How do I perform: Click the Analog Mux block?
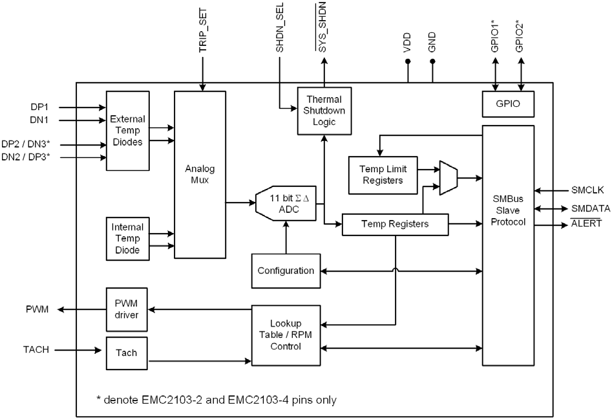(x=200, y=174)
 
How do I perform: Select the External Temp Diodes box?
(x=127, y=130)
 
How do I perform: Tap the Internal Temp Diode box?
(x=127, y=238)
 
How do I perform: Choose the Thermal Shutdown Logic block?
(x=324, y=111)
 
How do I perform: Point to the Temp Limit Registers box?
(x=383, y=174)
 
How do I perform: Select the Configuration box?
(x=286, y=270)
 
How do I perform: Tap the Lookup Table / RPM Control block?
(x=286, y=335)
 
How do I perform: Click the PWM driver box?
(x=127, y=310)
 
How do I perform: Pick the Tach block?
(x=127, y=353)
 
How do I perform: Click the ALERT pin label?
(x=586, y=223)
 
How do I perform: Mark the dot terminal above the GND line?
(x=433, y=62)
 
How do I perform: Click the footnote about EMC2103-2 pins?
(x=216, y=399)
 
